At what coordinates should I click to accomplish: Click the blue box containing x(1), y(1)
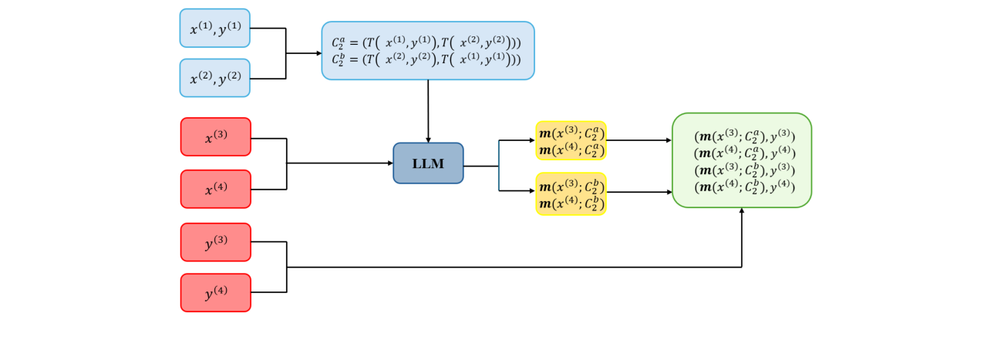tap(214, 29)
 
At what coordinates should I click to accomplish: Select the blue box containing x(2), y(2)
tap(214, 78)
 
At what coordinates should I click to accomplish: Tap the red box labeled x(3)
tap(215, 137)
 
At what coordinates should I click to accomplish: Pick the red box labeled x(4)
tap(215, 189)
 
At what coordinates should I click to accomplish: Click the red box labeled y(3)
tap(215, 242)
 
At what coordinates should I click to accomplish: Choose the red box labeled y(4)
tap(215, 293)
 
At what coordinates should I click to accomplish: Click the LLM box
tap(428, 163)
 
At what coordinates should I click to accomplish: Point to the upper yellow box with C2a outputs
tap(571, 140)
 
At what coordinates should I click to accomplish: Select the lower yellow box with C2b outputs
tap(571, 193)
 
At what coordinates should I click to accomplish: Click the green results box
tap(741, 160)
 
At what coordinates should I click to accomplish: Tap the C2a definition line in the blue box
tap(427, 43)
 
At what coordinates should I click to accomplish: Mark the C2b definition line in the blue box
tap(427, 59)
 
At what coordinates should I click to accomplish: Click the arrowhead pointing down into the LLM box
tap(428, 139)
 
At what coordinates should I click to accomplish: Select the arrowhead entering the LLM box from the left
tap(389, 163)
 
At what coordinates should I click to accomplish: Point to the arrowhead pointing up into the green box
tap(742, 211)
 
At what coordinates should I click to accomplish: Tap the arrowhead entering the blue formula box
tap(318, 53)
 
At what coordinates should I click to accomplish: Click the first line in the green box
tap(744, 136)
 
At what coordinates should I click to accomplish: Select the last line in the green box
tap(744, 186)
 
